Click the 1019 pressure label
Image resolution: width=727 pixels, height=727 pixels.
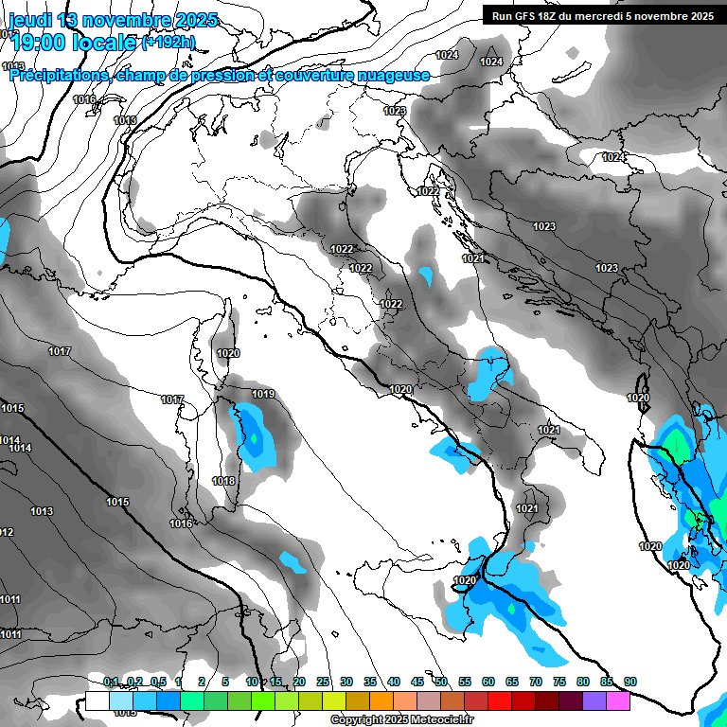tap(263, 394)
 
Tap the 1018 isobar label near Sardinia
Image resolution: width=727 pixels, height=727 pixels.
tap(223, 481)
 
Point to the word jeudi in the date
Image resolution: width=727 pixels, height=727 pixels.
tap(29, 20)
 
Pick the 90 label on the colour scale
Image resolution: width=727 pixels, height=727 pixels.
tap(629, 682)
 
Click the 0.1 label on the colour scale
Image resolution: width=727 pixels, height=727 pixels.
tap(110, 682)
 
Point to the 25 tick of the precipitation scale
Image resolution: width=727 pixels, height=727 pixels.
tap(323, 682)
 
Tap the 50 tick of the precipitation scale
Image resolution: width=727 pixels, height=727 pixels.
tap(441, 682)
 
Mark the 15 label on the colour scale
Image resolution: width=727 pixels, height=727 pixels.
tap(275, 682)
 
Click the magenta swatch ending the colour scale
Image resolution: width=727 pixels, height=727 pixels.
tap(617, 700)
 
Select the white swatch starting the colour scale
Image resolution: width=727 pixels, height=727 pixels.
tap(97, 700)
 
